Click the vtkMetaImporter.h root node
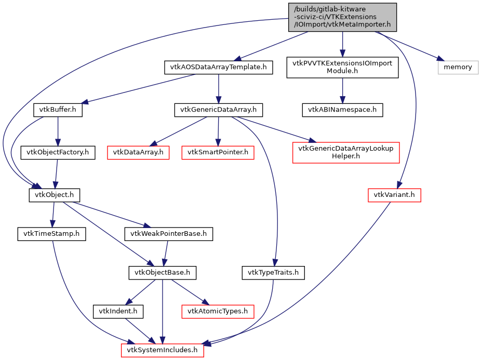pos(342,17)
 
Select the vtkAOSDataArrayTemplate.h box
pos(218,67)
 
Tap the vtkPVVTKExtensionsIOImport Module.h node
pos(342,68)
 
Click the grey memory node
pos(458,67)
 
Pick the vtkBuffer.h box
pos(58,110)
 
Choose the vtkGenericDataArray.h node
pos(218,110)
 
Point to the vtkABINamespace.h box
pos(342,110)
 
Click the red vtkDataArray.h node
pos(138,153)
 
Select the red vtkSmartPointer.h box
pos(218,153)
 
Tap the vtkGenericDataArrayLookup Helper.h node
pos(345,153)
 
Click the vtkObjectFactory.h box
pos(58,153)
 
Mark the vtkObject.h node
pos(54,195)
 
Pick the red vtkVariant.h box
pos(394,195)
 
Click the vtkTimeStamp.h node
pos(51,234)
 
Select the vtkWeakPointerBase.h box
pos(169,234)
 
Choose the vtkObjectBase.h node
pos(163,272)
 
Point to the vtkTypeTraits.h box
pos(273,272)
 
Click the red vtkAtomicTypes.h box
pos(218,312)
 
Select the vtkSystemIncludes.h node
pos(163,351)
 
